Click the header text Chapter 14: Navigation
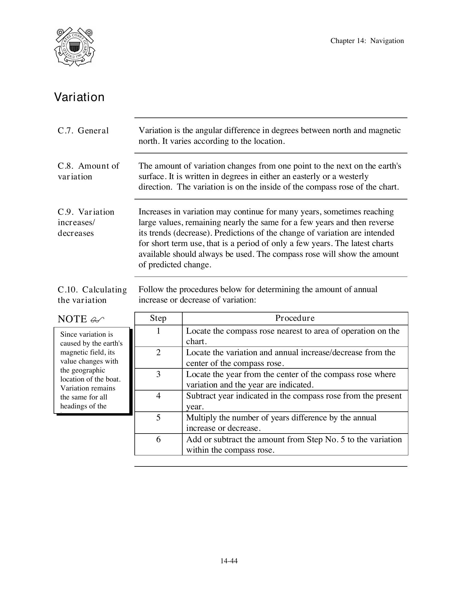point(367,41)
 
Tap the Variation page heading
point(79,97)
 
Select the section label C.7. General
point(83,131)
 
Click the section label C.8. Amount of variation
point(88,171)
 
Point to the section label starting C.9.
point(86,222)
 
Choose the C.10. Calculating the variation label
point(92,295)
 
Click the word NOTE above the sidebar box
point(72,319)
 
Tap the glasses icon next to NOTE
point(97,320)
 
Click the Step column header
point(158,318)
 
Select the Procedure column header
point(295,318)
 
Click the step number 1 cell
point(158,331)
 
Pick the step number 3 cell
point(158,374)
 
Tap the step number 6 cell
point(158,440)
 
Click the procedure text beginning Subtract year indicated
point(294,401)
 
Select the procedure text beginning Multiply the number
point(281,423)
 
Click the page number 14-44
point(229,561)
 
